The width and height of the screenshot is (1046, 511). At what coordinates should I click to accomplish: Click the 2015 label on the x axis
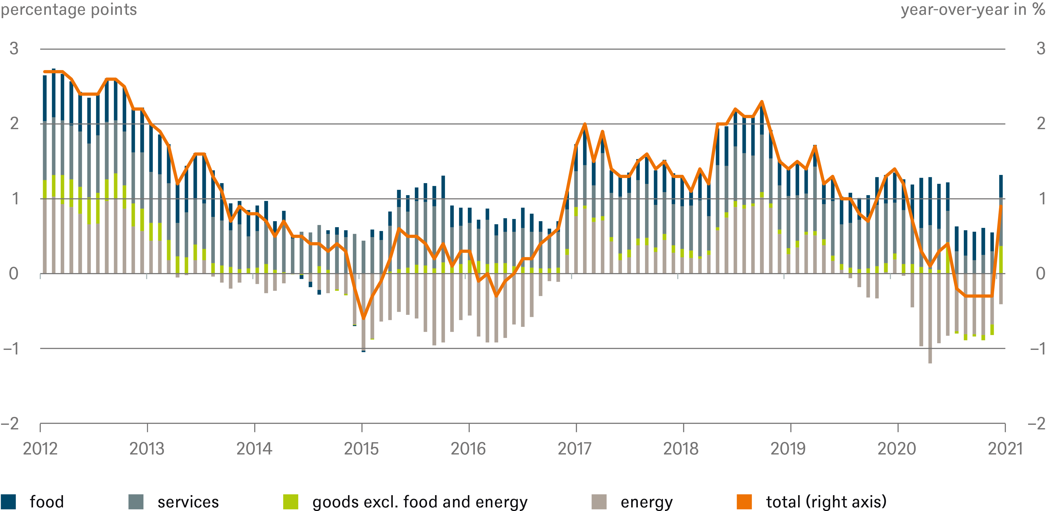361,449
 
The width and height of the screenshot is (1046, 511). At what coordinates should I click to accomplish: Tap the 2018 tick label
681,449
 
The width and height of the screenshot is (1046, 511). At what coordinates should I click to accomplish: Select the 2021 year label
1005,449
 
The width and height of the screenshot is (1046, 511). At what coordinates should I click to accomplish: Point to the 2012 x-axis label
40,449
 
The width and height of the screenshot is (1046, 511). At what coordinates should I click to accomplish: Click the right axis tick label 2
1040,124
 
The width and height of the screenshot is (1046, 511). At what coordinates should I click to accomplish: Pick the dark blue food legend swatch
8,502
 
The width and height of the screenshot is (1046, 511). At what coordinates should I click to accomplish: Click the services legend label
188,502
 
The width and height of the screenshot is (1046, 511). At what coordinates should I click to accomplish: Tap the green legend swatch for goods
291,502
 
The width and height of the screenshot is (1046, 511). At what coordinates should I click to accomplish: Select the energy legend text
647,502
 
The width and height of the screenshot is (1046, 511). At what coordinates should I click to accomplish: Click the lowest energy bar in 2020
930,361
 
